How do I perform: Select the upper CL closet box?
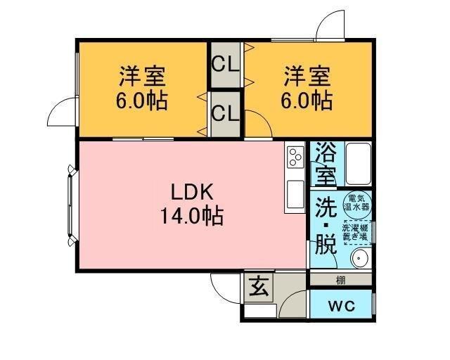(226, 65)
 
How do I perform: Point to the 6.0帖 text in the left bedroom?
(142, 100)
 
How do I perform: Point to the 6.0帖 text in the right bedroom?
(307, 100)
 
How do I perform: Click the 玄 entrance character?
(258, 286)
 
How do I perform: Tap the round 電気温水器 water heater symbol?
(356, 205)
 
